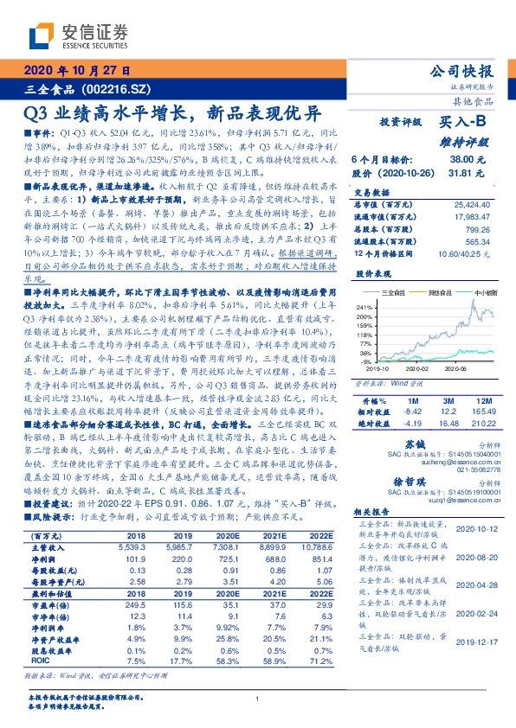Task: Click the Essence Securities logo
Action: coord(78,36)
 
